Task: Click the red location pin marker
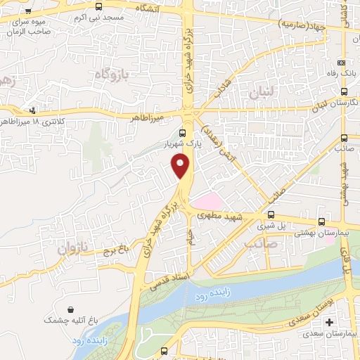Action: coord(181,165)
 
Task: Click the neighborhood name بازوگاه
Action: coord(105,74)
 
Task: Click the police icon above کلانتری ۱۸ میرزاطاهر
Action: coord(33,110)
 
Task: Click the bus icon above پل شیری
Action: coord(271,214)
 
